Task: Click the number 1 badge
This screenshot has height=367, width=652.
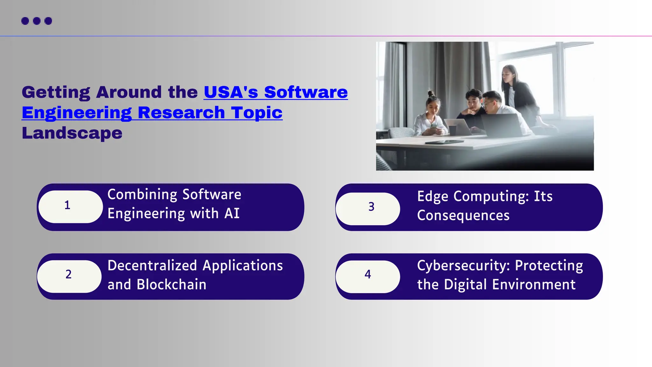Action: [71, 206]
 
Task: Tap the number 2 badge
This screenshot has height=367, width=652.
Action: [69, 276]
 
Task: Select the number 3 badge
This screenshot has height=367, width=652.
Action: [368, 208]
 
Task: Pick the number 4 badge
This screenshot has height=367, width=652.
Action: [368, 276]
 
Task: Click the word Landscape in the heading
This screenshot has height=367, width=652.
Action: [72, 133]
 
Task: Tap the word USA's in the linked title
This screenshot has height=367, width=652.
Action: [231, 92]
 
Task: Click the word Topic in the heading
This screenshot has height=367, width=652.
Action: [257, 113]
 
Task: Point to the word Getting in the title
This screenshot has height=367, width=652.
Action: [56, 92]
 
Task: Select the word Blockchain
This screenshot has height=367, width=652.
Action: [171, 284]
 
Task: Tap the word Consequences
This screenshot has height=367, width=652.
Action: [463, 215]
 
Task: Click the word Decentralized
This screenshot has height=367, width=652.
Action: [152, 265]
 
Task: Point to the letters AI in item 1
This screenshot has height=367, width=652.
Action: [232, 213]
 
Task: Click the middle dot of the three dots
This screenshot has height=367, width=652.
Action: [37, 21]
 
